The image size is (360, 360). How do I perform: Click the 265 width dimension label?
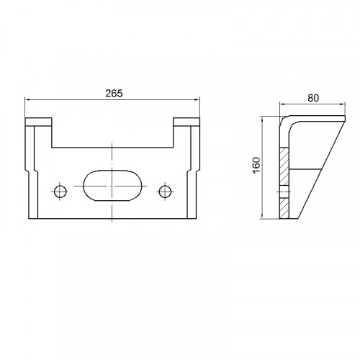click(x=114, y=94)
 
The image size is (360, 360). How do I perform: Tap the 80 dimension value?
click(x=313, y=98)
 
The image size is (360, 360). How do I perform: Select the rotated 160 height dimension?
click(x=256, y=165)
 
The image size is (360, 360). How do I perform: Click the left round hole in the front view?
click(x=60, y=192)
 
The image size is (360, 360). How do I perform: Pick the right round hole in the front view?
click(x=165, y=192)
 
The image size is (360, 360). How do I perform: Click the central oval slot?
click(x=112, y=186)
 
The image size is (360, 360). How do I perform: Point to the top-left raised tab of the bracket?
click(x=38, y=122)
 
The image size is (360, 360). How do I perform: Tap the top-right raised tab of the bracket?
click(x=186, y=122)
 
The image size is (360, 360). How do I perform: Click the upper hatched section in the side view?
click(x=284, y=166)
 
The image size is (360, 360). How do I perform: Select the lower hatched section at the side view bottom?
click(x=284, y=208)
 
